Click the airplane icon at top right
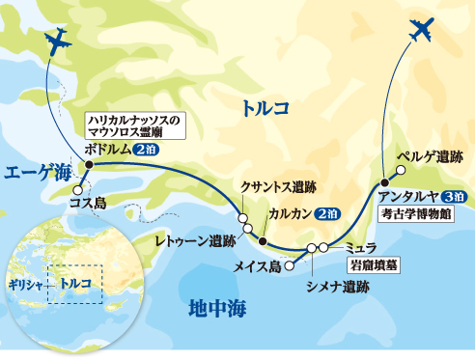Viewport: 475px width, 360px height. [x=420, y=29]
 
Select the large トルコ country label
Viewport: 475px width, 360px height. [x=265, y=111]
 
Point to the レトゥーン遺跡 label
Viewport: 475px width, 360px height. [x=196, y=240]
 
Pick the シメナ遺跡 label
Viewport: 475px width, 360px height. [x=337, y=287]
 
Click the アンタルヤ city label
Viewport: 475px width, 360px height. [x=410, y=196]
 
